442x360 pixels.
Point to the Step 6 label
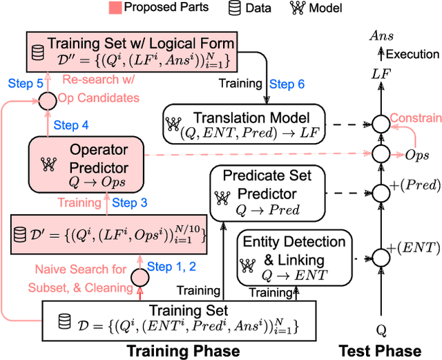click(286, 84)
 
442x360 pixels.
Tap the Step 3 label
click(129, 202)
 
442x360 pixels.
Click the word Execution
click(413, 53)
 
